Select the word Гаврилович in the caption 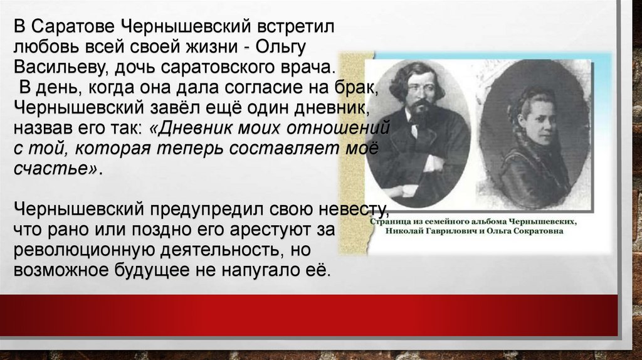point(445,231)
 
